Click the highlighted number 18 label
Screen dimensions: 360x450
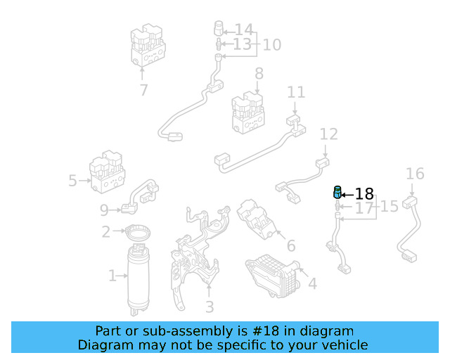(x=364, y=194)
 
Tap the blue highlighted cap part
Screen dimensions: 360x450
(x=337, y=193)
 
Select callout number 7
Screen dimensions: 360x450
(x=143, y=90)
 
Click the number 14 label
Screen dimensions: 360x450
(x=243, y=30)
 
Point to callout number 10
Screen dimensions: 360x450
(x=271, y=45)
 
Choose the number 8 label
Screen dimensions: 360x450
(x=259, y=73)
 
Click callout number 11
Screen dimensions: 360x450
(x=296, y=92)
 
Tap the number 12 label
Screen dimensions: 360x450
(x=328, y=134)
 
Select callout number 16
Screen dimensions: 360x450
(x=416, y=174)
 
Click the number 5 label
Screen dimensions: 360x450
(x=72, y=181)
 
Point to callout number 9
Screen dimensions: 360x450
(x=104, y=210)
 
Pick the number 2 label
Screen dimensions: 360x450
(x=105, y=231)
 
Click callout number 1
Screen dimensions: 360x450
(x=112, y=276)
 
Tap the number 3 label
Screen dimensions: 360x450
(x=209, y=307)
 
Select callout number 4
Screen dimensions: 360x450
(x=312, y=284)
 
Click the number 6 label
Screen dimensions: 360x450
(x=290, y=247)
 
